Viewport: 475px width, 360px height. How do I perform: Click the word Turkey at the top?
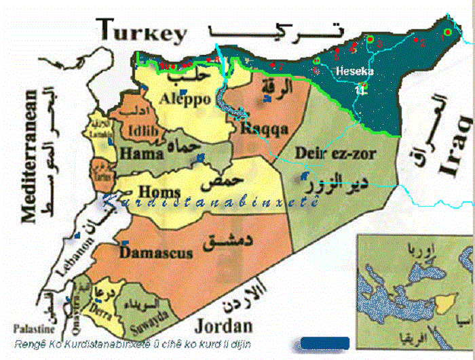coord(140,31)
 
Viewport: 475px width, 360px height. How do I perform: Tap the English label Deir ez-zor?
coord(335,153)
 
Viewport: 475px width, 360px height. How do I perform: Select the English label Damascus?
coord(156,252)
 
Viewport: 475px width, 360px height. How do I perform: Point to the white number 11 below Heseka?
coord(359,89)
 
